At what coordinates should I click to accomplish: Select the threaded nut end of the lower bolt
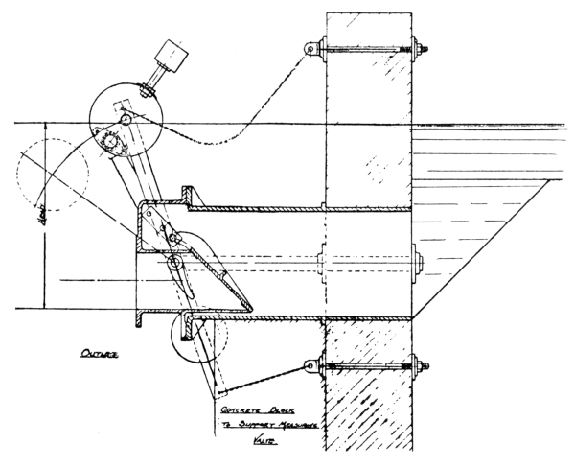(420, 366)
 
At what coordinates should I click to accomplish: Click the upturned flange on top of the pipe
(182, 195)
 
